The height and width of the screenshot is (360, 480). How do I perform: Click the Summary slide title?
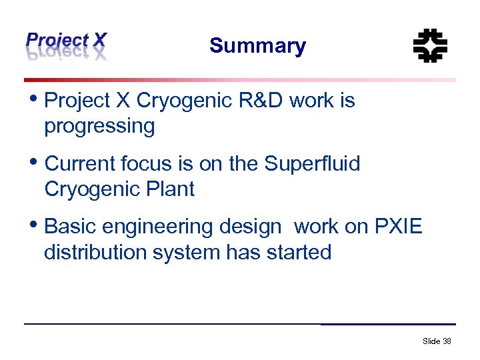tap(257, 46)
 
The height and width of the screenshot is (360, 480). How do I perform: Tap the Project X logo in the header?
tap(65, 45)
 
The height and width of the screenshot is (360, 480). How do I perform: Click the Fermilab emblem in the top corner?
tap(430, 45)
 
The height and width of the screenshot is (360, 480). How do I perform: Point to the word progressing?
tap(99, 126)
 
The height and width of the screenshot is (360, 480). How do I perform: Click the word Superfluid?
tap(312, 164)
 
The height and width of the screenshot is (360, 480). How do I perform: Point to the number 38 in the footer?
tap(447, 341)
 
